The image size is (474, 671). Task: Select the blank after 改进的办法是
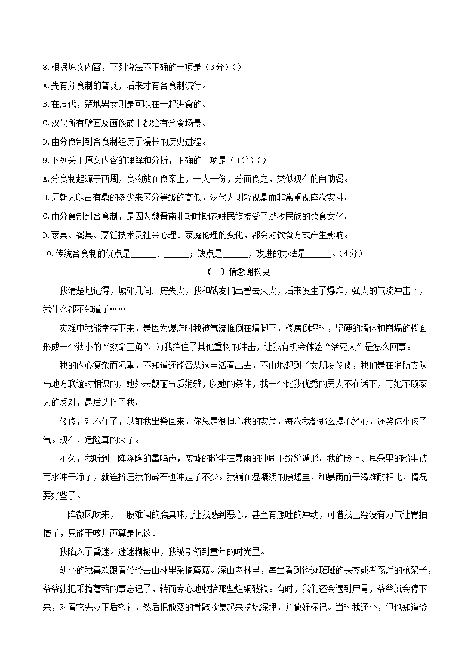point(318,253)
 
